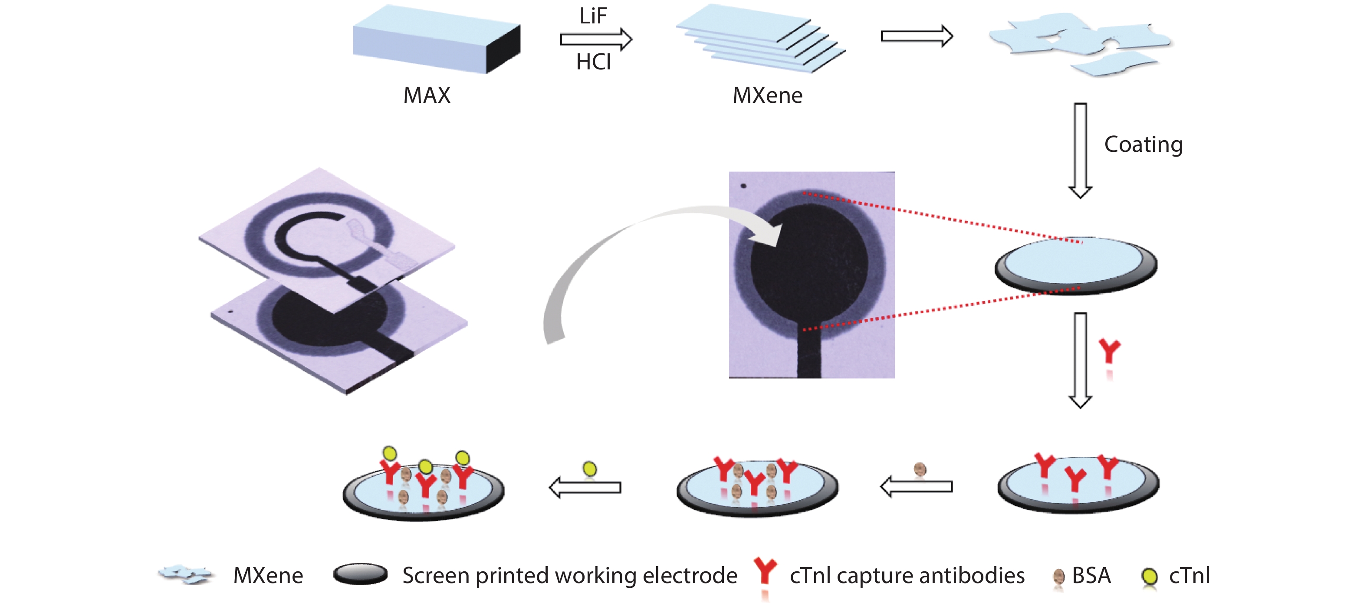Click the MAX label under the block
[x=427, y=95]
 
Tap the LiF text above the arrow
[x=593, y=16]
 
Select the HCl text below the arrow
[x=593, y=62]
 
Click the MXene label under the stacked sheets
[x=767, y=95]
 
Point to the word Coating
[x=1143, y=144]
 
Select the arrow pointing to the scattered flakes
[x=917, y=36]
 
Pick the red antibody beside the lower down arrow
[x=1109, y=351]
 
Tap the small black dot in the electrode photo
[x=743, y=186]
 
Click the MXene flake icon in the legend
[x=186, y=574]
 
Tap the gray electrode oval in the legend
[x=360, y=574]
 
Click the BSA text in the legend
[x=1091, y=575]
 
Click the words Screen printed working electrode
[x=569, y=575]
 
